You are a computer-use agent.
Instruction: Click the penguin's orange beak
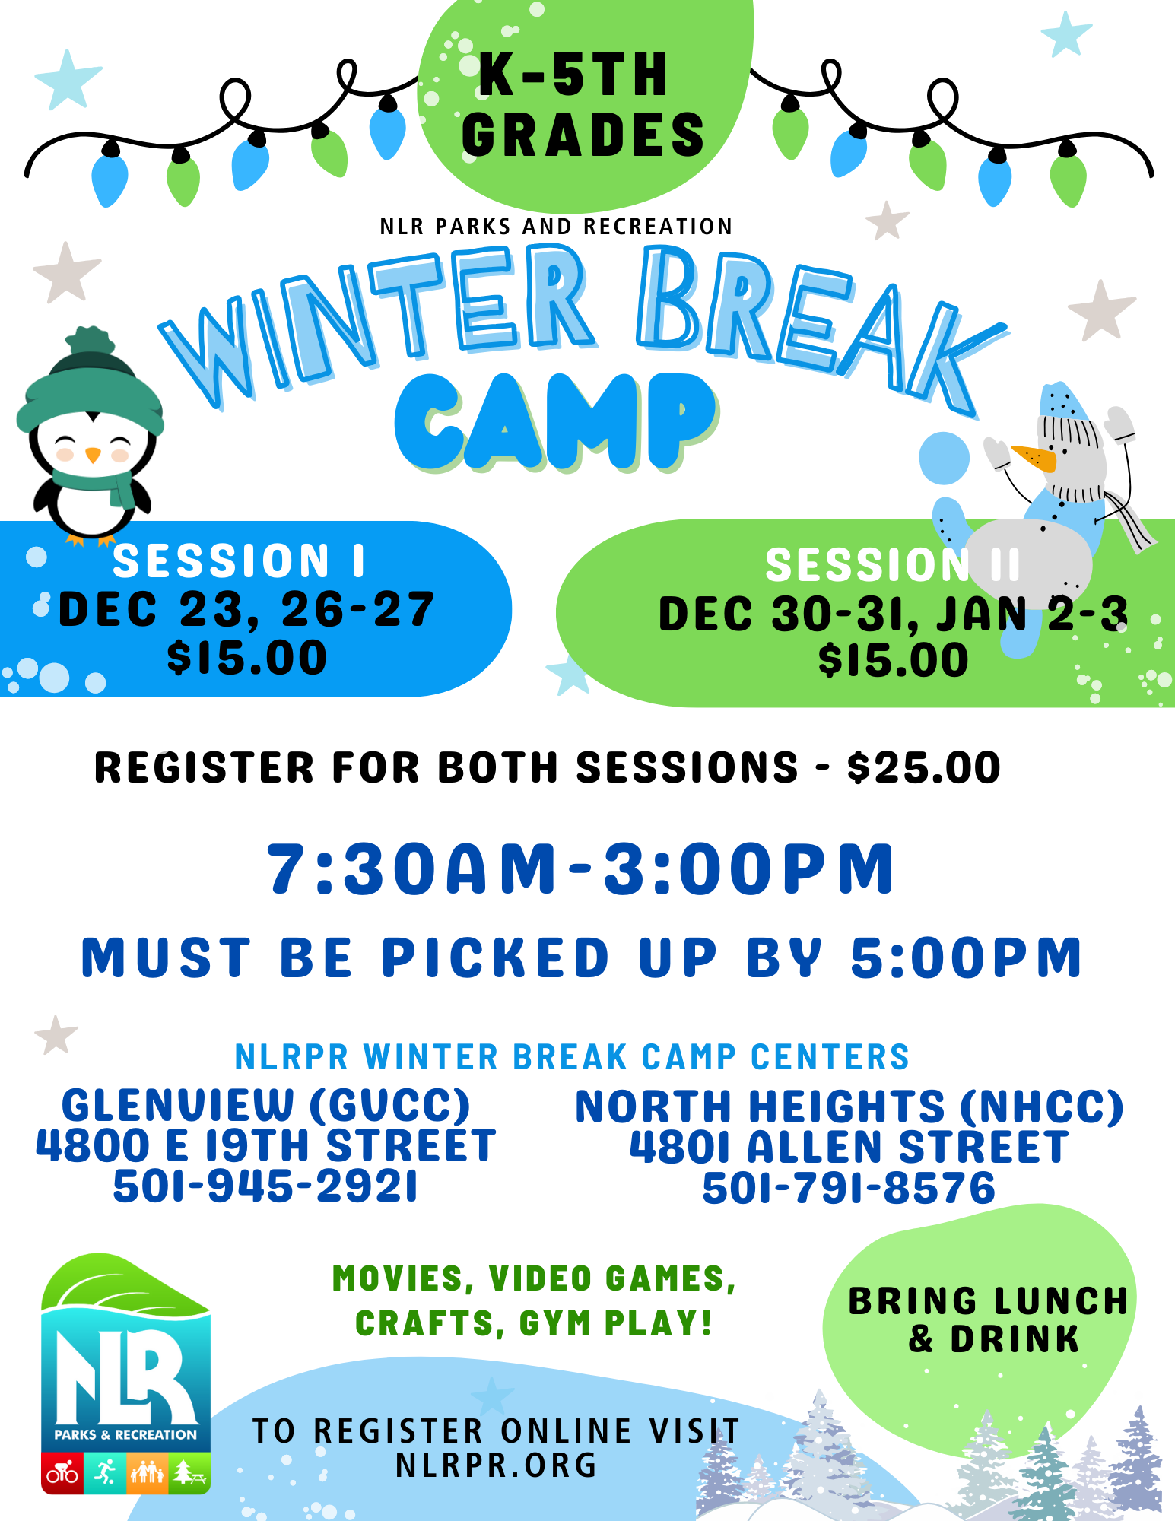click(93, 455)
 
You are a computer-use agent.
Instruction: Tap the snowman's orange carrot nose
click(1034, 459)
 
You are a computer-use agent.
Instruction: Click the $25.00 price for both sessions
click(924, 767)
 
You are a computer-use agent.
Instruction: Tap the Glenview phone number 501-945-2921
click(265, 1186)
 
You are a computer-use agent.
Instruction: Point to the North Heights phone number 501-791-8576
click(849, 1189)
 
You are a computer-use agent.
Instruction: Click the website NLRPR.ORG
click(497, 1465)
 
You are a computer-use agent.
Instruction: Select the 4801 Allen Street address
click(849, 1147)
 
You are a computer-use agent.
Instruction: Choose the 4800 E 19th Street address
click(265, 1145)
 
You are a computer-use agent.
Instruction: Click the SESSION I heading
click(239, 561)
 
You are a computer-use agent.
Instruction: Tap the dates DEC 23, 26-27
click(246, 610)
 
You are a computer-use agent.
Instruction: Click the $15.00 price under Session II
click(894, 660)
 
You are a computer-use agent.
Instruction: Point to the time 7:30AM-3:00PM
click(581, 869)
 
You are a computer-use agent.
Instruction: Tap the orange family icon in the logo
click(147, 1473)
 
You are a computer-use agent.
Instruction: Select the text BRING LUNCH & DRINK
click(989, 1320)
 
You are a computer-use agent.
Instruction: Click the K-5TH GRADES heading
click(583, 105)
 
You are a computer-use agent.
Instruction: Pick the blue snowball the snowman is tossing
click(944, 457)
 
